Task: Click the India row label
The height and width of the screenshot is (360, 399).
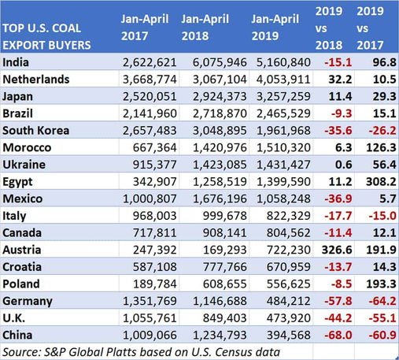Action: pos(16,62)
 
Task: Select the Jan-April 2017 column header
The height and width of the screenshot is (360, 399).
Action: pos(145,28)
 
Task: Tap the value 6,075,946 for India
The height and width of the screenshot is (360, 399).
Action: pos(220,62)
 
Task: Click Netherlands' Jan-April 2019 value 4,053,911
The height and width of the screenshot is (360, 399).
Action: pos(283,80)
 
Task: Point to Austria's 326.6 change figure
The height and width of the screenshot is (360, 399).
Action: pos(337,250)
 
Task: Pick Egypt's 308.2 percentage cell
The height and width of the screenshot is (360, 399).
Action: pos(381,182)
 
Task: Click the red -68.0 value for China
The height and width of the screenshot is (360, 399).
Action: pos(338,335)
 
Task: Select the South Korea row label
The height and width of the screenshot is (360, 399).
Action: pos(36,131)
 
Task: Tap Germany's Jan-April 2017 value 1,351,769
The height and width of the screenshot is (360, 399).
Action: pos(150,301)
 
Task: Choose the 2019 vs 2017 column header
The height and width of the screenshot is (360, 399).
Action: pos(370,28)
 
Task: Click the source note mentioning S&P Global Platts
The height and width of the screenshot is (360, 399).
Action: pos(142,352)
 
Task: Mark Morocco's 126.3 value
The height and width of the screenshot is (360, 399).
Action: pos(381,147)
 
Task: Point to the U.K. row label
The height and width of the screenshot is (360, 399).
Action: pos(14,318)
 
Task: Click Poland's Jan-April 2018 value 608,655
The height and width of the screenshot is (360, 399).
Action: pos(225,284)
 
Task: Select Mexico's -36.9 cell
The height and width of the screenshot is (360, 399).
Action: pos(338,199)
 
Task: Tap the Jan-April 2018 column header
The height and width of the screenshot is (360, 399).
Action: pos(205,28)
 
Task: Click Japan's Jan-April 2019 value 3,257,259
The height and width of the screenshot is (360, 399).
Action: pos(283,96)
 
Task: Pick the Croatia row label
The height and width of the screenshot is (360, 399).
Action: pos(22,267)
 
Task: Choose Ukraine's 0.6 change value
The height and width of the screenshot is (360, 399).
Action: pos(344,165)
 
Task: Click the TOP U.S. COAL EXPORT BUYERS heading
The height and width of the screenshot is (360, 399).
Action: pos(46,37)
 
